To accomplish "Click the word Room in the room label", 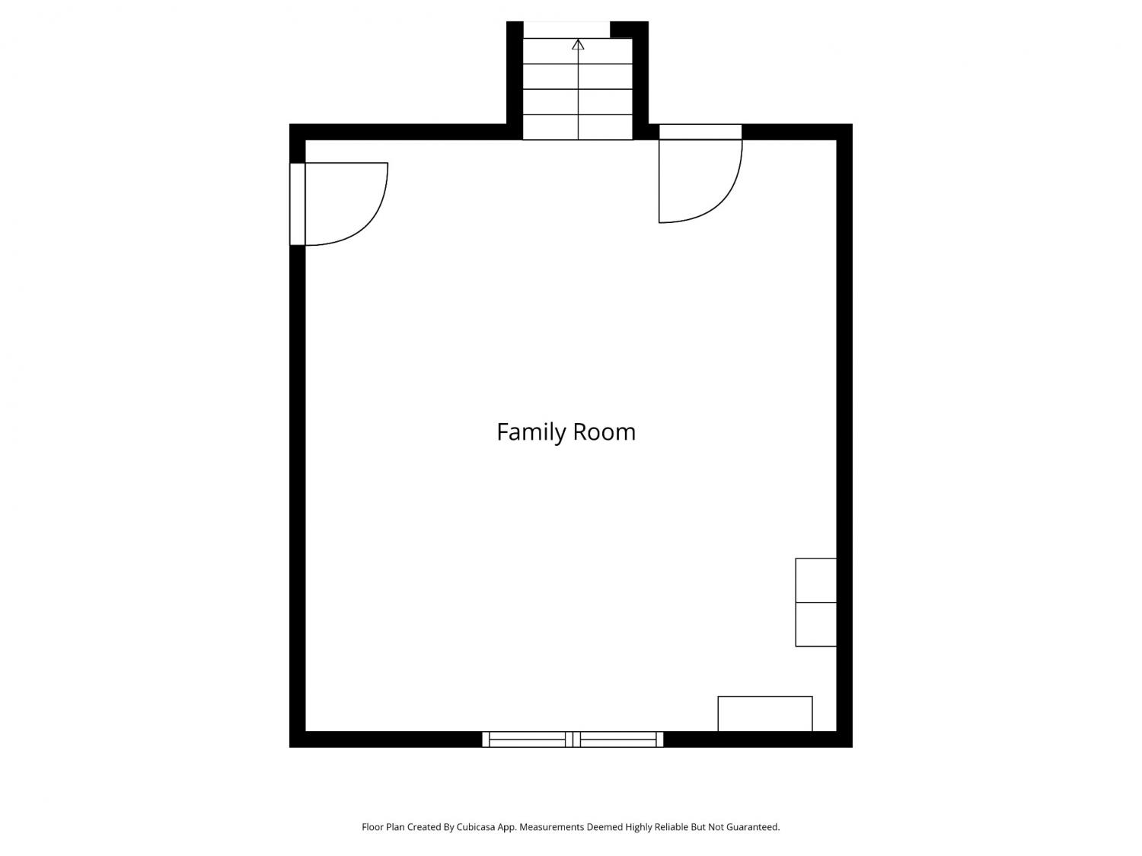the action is click(x=604, y=432).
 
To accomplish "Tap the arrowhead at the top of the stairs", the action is click(x=578, y=44).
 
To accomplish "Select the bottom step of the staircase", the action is click(x=578, y=127).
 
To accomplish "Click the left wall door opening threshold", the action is click(x=297, y=204).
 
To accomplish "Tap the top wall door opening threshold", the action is click(x=700, y=132).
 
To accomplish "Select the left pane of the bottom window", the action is click(x=527, y=739).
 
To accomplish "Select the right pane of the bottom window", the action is click(x=618, y=739).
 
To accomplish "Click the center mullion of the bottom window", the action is click(x=573, y=739).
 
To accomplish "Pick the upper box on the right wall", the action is click(x=816, y=580).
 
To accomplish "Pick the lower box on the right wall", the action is click(x=816, y=624).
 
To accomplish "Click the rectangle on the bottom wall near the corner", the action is click(x=765, y=714).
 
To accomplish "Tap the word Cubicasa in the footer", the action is click(x=476, y=827).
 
